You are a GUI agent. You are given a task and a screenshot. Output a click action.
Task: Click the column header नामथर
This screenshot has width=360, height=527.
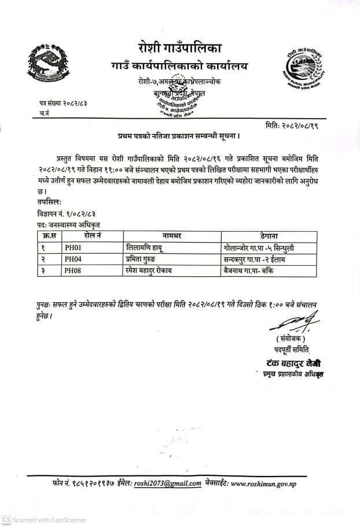[x=172, y=237]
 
